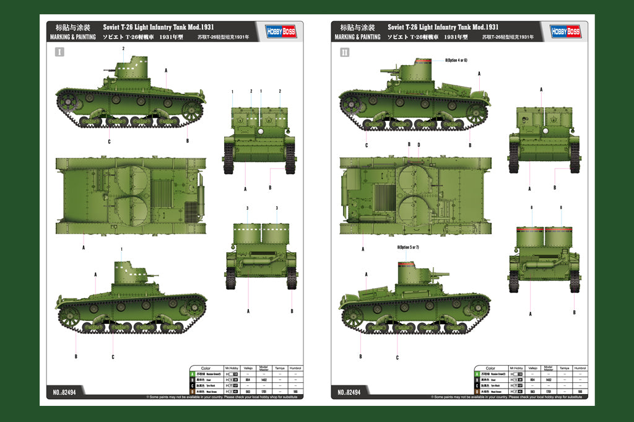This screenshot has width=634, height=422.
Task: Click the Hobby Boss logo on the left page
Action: click(279, 31)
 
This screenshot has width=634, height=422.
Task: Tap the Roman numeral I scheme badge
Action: click(59, 53)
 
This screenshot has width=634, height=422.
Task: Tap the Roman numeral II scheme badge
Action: click(345, 53)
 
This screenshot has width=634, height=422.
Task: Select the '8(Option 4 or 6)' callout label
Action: click(456, 60)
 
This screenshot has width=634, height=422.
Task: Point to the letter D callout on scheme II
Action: click(419, 145)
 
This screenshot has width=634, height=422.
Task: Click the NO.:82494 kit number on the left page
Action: click(67, 392)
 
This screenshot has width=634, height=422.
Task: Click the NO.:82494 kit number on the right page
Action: click(352, 392)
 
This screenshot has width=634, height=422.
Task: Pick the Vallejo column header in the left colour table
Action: click(248, 368)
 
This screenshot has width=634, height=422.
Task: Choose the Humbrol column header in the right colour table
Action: click(580, 368)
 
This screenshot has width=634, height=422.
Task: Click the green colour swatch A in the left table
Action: click(193, 374)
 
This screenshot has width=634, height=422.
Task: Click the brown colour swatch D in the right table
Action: click(477, 392)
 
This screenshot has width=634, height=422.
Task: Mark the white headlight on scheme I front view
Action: click(261, 131)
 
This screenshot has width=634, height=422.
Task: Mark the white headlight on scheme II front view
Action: click(544, 131)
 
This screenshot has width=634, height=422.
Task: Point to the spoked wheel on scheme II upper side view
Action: click(477, 113)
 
